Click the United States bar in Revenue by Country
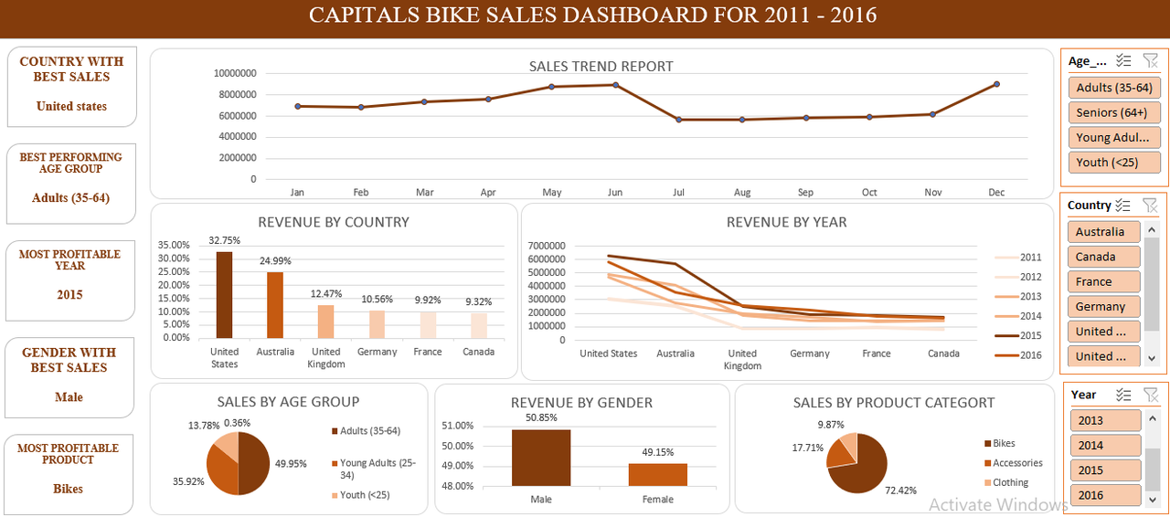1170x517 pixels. tap(224, 295)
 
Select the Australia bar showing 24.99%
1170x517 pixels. tap(275, 305)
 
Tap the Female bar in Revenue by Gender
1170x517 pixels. tap(657, 474)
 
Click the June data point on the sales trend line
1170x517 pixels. tap(615, 85)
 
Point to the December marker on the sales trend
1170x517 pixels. tap(996, 84)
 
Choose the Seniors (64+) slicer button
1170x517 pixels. tap(1113, 112)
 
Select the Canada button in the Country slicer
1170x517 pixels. tap(1103, 257)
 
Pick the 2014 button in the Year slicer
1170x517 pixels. tap(1105, 446)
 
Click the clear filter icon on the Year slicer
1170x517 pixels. tap(1151, 395)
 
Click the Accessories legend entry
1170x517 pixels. tap(1016, 463)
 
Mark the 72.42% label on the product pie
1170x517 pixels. tap(900, 491)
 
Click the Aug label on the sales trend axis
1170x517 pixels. tap(742, 193)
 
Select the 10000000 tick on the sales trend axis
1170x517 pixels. tap(235, 73)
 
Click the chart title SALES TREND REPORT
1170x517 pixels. tap(601, 67)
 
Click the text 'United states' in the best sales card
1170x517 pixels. tap(71, 106)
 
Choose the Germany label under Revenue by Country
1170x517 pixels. tap(378, 352)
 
